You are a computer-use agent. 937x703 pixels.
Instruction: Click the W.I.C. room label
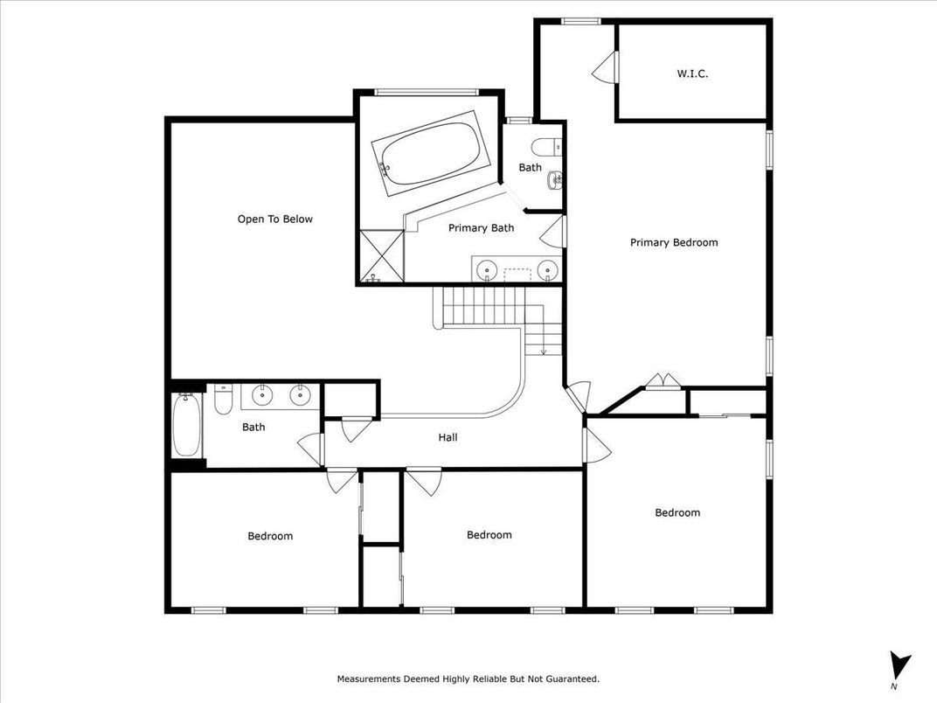[692, 74]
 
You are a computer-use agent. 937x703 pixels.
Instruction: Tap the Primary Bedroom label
[674, 242]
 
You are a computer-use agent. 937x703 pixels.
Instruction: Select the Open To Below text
[274, 219]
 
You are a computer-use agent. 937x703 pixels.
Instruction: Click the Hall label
[448, 437]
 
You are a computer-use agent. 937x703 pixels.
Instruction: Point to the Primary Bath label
[481, 227]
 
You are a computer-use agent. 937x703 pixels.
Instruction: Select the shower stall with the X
[381, 256]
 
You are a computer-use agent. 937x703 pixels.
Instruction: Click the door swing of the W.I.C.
[604, 67]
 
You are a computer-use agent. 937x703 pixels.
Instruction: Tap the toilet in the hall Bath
[223, 400]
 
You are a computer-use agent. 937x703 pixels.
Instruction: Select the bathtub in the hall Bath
[186, 426]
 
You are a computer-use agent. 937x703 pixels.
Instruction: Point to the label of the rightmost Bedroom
[677, 512]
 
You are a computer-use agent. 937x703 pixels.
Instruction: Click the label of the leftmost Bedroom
[270, 536]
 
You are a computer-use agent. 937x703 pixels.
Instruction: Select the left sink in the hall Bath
[261, 395]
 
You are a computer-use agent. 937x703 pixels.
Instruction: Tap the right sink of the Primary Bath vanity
[547, 270]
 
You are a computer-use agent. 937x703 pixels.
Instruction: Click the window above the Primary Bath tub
[427, 92]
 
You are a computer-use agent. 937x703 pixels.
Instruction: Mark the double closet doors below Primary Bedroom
[663, 382]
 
